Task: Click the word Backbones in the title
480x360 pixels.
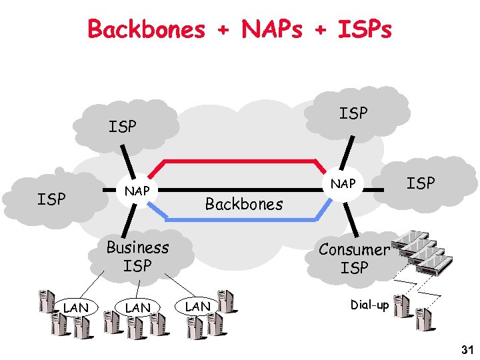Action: click(x=147, y=29)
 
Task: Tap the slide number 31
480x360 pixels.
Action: click(x=466, y=350)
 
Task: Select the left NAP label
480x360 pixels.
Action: click(x=137, y=191)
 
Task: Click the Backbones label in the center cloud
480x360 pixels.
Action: click(x=243, y=204)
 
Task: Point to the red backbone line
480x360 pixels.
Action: click(x=240, y=161)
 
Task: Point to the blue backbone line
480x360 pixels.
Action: click(x=240, y=219)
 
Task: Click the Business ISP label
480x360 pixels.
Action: click(x=138, y=257)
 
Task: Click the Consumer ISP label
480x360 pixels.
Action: click(x=353, y=259)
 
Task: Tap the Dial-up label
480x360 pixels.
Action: click(x=369, y=305)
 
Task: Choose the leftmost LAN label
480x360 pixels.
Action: click(x=76, y=307)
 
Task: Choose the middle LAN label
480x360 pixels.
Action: click(x=137, y=307)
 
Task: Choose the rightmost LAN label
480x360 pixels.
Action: click(x=198, y=306)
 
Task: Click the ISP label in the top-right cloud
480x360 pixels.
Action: click(x=353, y=114)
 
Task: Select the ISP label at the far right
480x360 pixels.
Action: click(x=421, y=183)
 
